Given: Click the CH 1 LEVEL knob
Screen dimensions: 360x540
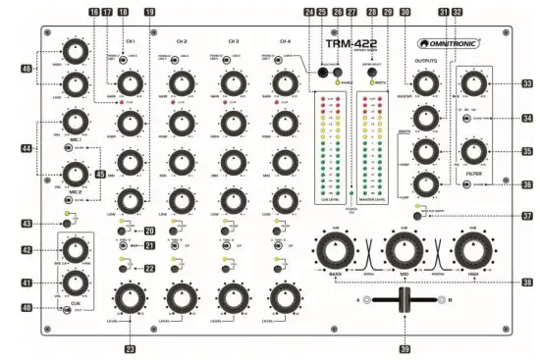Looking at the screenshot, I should point(128,298).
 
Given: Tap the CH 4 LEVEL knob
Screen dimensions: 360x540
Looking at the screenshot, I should point(286,298).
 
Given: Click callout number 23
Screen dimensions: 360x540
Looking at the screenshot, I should point(128,346).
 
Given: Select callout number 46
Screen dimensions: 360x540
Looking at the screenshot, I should point(26,71).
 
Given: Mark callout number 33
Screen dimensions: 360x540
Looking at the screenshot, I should point(527,84).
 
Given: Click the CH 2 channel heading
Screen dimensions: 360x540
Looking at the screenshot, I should point(182,42).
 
